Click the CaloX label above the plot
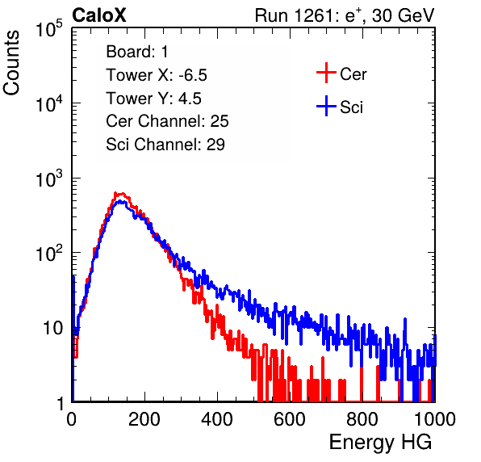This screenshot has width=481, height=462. click(x=99, y=15)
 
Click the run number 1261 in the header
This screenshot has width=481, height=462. click(x=313, y=15)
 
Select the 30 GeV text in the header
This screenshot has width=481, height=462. click(x=403, y=15)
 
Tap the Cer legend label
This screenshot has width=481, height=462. click(x=353, y=74)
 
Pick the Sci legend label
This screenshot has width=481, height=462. click(x=351, y=107)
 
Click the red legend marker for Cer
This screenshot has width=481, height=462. click(x=326, y=73)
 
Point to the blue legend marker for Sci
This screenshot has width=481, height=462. click(x=326, y=106)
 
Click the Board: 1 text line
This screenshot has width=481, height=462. click(x=137, y=52)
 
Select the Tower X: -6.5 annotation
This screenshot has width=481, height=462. click(x=157, y=75)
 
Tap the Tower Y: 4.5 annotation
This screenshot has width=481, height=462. click(x=153, y=99)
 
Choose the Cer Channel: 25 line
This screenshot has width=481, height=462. click(x=167, y=121)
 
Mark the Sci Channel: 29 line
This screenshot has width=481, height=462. click(x=165, y=145)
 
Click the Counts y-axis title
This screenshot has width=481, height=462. click(x=11, y=63)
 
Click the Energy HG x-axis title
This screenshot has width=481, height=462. click(x=380, y=443)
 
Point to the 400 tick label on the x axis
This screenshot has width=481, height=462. click(x=217, y=419)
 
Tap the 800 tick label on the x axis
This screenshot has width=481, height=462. click(x=362, y=419)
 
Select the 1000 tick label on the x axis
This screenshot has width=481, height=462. click(x=435, y=419)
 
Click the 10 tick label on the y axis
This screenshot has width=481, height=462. click(x=53, y=328)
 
